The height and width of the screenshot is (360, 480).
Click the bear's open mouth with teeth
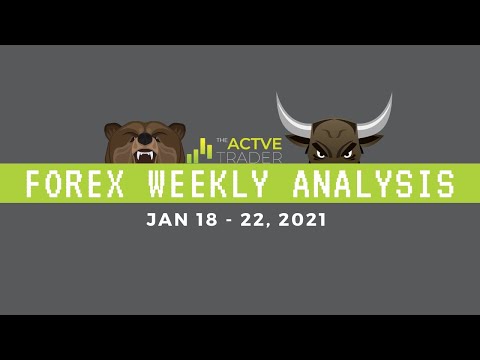point(145,155)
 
